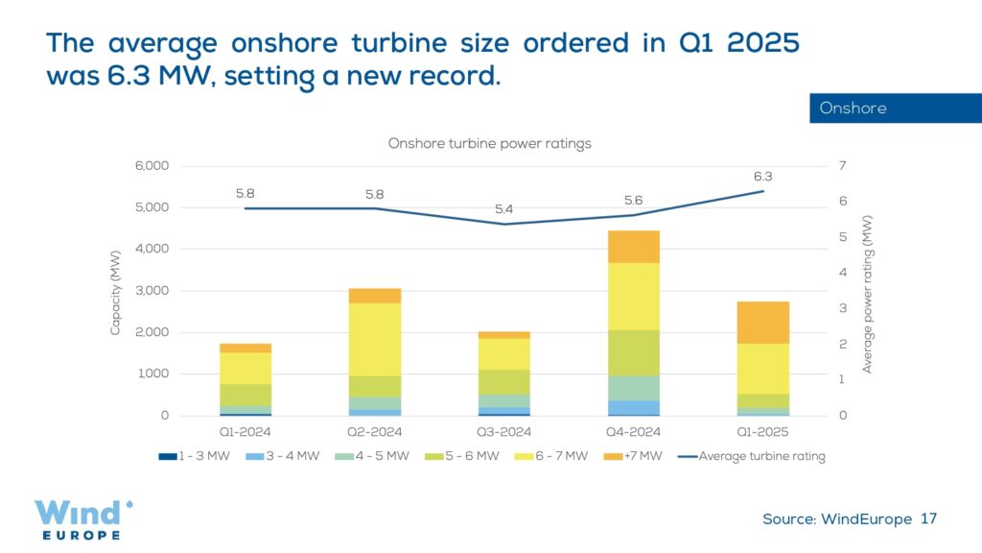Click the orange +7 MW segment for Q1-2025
[762, 323]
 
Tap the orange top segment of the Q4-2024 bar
[634, 247]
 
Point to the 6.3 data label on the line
[763, 176]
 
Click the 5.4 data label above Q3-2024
[503, 209]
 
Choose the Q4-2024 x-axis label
[634, 432]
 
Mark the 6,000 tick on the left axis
[150, 166]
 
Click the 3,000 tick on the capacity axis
[150, 291]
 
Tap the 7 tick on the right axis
[842, 166]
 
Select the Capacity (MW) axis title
[115, 290]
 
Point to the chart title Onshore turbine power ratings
[489, 143]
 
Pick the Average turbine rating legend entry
[752, 456]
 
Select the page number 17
[927, 519]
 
